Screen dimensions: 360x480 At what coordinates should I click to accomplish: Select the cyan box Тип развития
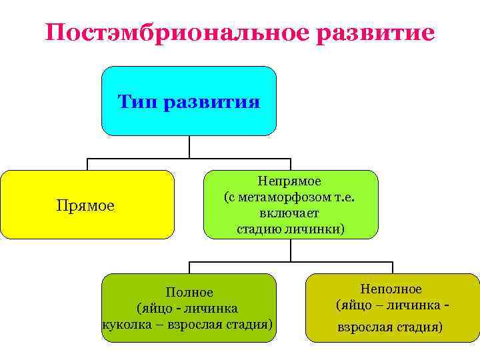click(x=189, y=101)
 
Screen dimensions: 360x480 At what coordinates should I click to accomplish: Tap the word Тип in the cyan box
click(x=137, y=103)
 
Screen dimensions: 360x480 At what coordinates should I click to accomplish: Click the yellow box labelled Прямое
click(x=87, y=204)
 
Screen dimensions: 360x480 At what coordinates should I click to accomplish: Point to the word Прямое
click(x=86, y=206)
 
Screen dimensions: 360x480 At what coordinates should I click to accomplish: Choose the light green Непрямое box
click(x=291, y=204)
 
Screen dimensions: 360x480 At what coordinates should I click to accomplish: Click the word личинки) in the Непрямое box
click(x=321, y=229)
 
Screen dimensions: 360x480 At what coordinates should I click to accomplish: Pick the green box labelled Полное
click(x=189, y=307)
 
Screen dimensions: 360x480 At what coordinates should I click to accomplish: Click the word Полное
click(x=189, y=293)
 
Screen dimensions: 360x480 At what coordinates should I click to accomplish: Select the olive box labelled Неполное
click(x=392, y=307)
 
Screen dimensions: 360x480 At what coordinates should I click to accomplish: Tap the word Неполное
click(x=391, y=289)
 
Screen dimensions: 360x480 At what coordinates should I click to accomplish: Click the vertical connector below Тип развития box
click(x=189, y=147)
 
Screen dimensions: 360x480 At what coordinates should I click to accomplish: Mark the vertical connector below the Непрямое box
click(x=291, y=250)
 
